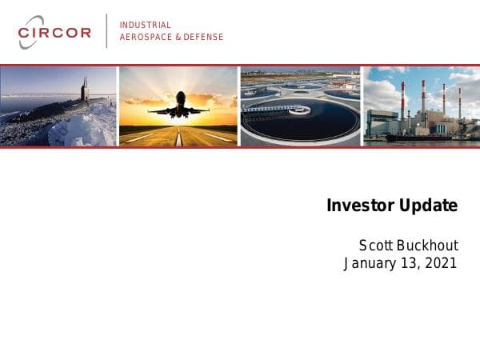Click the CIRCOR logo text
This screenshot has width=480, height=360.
pyautogui.click(x=54, y=33)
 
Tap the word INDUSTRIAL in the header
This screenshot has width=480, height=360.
pyautogui.click(x=145, y=26)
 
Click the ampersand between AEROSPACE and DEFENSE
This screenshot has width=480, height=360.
pyautogui.click(x=178, y=38)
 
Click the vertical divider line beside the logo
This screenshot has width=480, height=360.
pyautogui.click(x=106, y=31)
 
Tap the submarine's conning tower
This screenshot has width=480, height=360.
pyautogui.click(x=84, y=90)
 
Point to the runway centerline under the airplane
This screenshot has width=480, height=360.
pyautogui.click(x=178, y=138)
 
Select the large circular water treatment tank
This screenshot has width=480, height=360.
pyautogui.click(x=301, y=120)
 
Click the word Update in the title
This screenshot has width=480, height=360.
pyautogui.click(x=428, y=206)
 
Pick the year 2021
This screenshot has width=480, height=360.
pyautogui.click(x=441, y=263)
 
